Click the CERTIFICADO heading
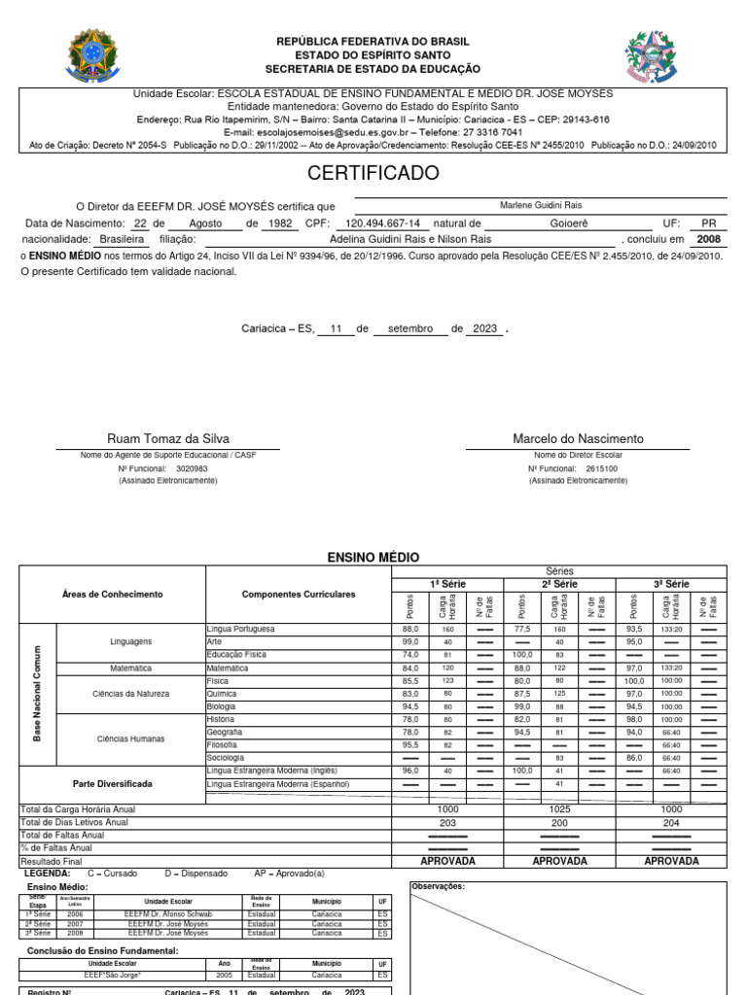[373, 174]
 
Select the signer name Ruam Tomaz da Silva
[168, 439]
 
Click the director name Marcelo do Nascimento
[578, 439]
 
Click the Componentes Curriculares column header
[298, 594]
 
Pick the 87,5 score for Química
[521, 694]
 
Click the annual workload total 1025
[559, 809]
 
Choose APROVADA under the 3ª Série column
[671, 861]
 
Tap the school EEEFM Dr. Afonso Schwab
[169, 914]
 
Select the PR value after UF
[708, 223]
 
